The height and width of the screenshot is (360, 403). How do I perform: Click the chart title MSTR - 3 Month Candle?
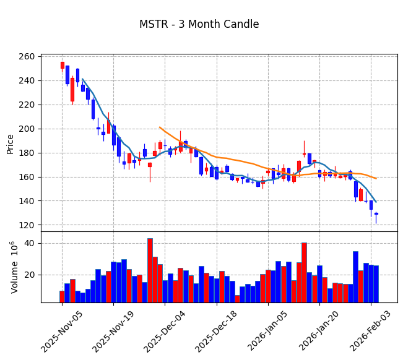[199, 25]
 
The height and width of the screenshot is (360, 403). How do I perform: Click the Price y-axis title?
[11, 144]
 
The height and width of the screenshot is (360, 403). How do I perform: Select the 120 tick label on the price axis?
[43, 225]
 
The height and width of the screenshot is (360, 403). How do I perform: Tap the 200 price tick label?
[43, 129]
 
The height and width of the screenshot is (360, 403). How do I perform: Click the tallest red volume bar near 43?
[150, 270]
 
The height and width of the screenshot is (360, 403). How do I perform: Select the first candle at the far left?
[62, 65]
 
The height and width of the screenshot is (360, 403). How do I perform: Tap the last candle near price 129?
[376, 214]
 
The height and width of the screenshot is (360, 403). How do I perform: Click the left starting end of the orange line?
[160, 127]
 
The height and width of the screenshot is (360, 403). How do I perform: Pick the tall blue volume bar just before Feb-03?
[355, 276]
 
